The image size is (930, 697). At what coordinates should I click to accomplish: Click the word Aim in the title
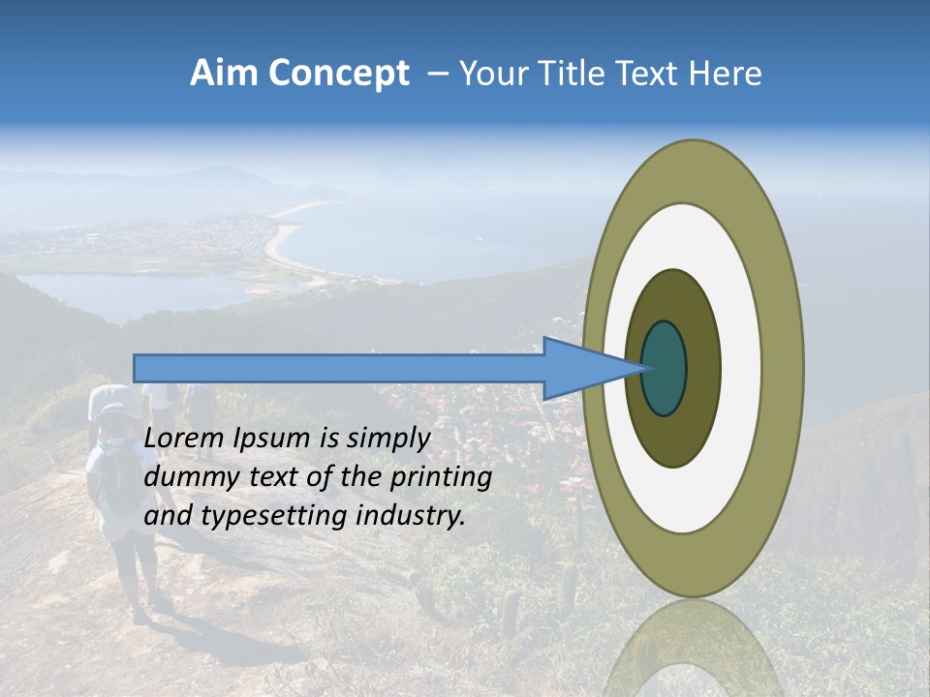[x=226, y=74]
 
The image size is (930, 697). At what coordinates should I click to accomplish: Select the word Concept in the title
[x=339, y=74]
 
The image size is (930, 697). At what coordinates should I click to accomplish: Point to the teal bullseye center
[x=665, y=368]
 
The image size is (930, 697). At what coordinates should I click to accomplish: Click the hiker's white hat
[x=114, y=402]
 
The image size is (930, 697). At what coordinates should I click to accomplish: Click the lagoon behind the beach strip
[x=126, y=290]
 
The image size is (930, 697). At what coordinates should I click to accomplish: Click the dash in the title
[x=437, y=74]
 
